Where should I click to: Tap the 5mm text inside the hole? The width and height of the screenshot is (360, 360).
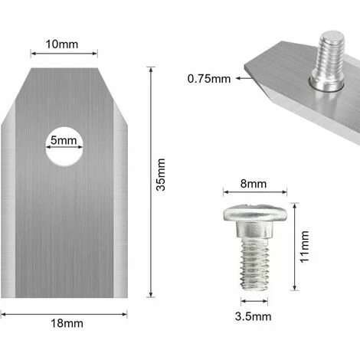tap(62, 142)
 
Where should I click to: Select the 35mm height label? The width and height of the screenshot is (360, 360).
tap(160, 185)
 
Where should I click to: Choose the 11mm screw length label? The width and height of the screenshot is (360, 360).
tap(305, 244)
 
